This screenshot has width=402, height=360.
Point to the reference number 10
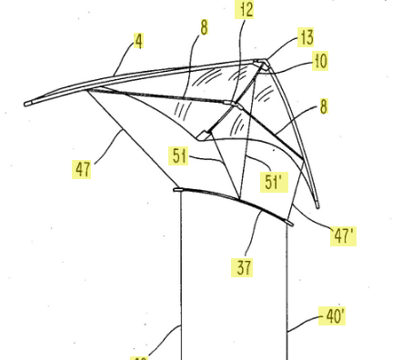pos(320,61)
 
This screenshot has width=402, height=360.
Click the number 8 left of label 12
pos(204,28)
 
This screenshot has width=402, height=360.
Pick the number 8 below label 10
pos(324,107)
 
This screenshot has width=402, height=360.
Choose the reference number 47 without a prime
pos(83,169)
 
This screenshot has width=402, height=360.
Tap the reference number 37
pos(242,267)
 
